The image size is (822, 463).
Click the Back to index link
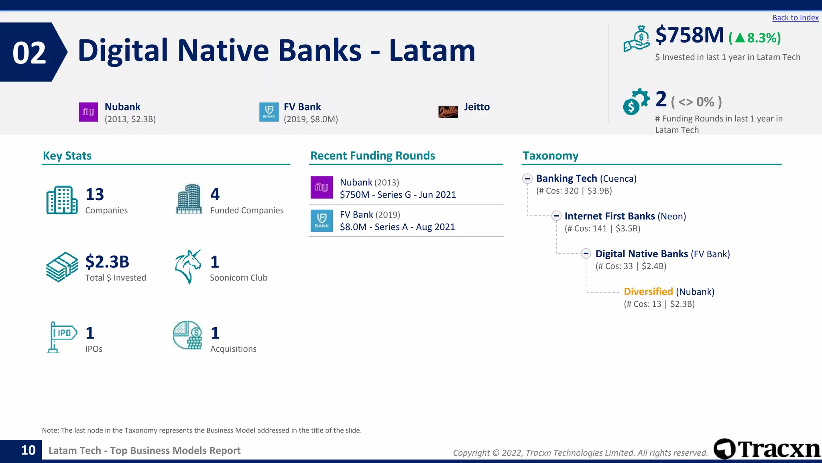pyautogui.click(x=795, y=18)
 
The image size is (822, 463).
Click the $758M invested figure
pyautogui.click(x=689, y=35)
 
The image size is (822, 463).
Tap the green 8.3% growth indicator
pyautogui.click(x=755, y=38)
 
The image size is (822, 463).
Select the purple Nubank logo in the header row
pyautogui.click(x=88, y=112)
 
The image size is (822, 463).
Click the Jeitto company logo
pyautogui.click(x=448, y=112)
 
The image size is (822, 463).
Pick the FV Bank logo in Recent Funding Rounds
pyautogui.click(x=321, y=221)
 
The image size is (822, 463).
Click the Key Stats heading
pyautogui.click(x=67, y=156)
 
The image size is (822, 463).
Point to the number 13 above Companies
pyautogui.click(x=95, y=195)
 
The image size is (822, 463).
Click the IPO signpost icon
pyautogui.click(x=61, y=337)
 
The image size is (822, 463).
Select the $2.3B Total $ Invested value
pyautogui.click(x=107, y=262)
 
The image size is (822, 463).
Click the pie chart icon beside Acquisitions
pyautogui.click(x=187, y=335)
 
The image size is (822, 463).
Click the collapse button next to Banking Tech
pyautogui.click(x=527, y=178)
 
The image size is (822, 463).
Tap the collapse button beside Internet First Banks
pyautogui.click(x=556, y=216)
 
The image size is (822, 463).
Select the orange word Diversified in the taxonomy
pyautogui.click(x=648, y=292)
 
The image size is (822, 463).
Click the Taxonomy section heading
pyautogui.click(x=550, y=156)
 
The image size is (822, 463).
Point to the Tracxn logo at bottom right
pyautogui.click(x=767, y=449)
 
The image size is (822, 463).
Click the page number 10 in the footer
pyautogui.click(x=28, y=450)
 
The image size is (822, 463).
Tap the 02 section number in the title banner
pyautogui.click(x=29, y=53)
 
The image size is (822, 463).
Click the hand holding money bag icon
pyautogui.click(x=637, y=39)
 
